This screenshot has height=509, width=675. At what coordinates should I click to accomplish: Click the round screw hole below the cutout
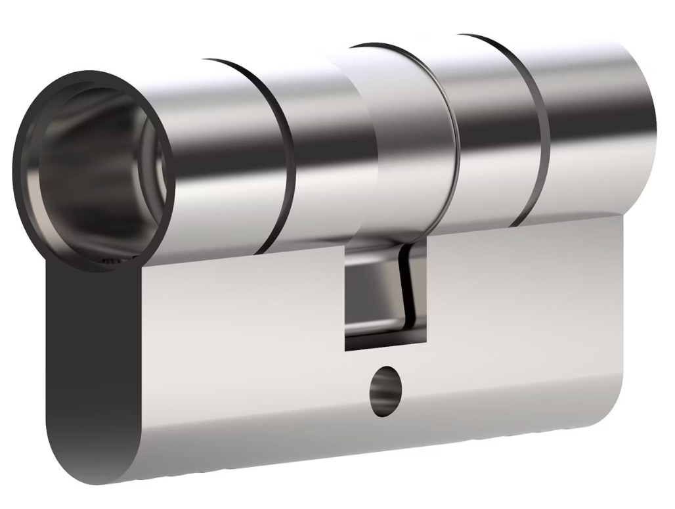(x=383, y=391)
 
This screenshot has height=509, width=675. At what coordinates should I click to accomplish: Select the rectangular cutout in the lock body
(x=385, y=296)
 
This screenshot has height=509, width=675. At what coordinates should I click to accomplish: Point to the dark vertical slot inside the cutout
(x=405, y=289)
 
